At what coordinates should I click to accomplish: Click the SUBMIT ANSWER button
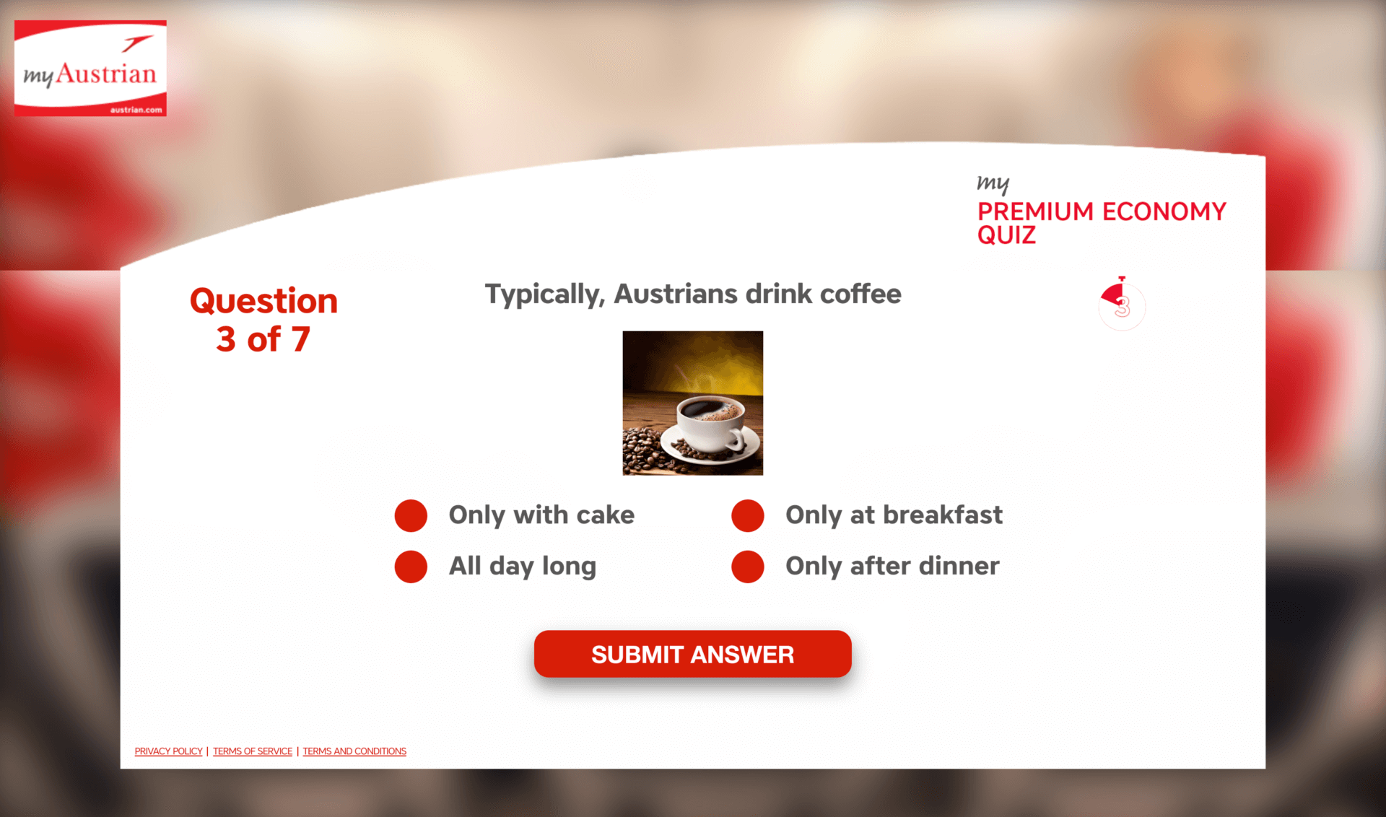[692, 654]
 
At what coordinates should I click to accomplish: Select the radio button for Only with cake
[411, 515]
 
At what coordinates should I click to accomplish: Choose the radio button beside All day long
[411, 567]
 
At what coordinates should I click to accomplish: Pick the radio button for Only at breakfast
[748, 515]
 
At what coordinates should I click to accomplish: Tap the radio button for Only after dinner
[748, 567]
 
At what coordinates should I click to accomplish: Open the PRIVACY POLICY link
[168, 751]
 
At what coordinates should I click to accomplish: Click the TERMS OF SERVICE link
[253, 751]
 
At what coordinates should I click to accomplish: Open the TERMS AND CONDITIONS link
[354, 751]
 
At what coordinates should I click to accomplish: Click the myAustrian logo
[90, 68]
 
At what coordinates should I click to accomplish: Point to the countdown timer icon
[1122, 304]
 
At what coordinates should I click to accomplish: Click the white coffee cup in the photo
[711, 426]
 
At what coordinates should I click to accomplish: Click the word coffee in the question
[860, 294]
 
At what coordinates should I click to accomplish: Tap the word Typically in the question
[544, 295]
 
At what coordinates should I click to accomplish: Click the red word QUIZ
[1006, 235]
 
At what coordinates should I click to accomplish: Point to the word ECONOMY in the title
[1164, 211]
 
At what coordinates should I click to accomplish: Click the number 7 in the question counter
[300, 339]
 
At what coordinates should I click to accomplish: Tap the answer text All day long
[523, 567]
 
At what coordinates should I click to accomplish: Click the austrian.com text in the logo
[136, 110]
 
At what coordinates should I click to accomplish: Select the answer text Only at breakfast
[894, 515]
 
